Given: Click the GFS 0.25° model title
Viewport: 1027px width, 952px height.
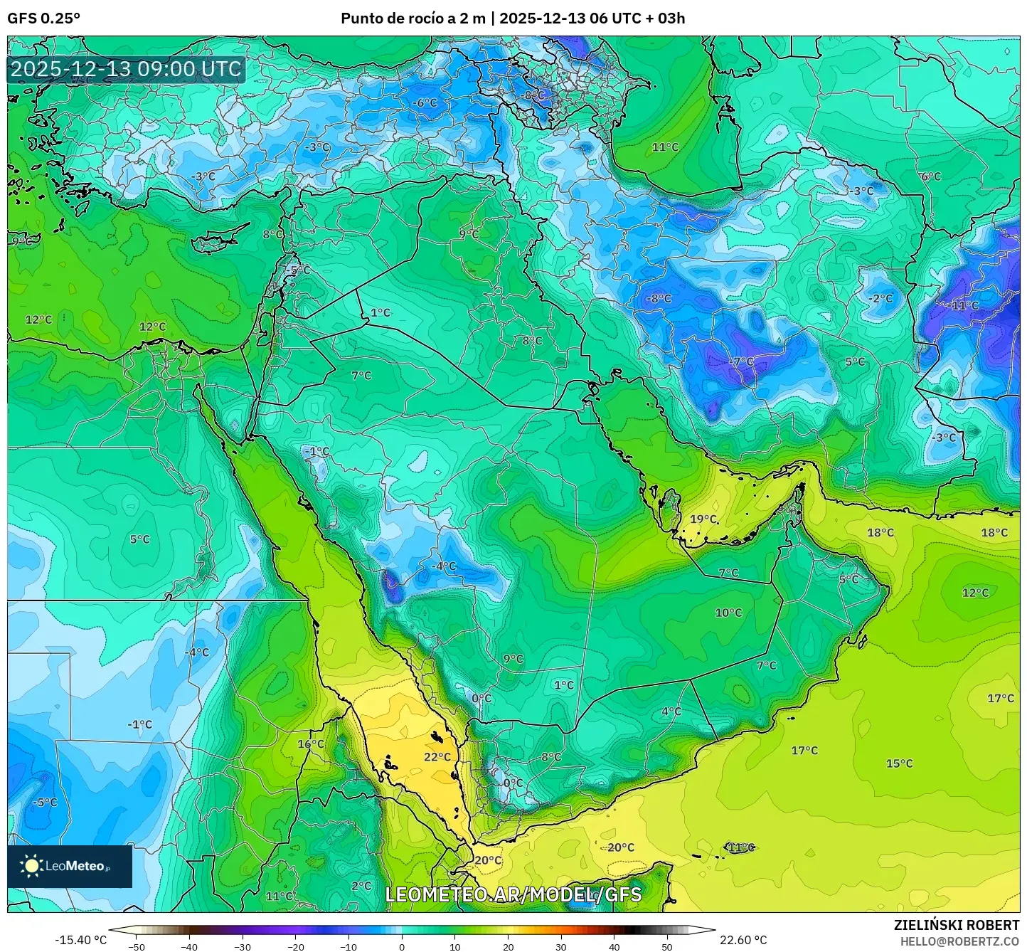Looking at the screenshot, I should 44,18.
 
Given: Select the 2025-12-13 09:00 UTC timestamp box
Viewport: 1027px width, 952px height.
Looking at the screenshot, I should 126,69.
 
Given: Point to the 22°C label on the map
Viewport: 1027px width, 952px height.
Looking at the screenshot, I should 437,757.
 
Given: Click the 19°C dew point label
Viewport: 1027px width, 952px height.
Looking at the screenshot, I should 703,519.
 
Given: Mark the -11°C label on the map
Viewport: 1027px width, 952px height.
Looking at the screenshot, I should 964,305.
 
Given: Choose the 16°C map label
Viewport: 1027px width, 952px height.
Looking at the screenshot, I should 310,744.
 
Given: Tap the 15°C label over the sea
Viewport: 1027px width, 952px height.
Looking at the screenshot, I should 899,763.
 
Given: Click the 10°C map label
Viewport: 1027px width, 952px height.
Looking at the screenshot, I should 728,613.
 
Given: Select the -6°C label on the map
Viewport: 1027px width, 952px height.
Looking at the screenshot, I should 425,103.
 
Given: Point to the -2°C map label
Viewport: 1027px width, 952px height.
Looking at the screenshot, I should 880,298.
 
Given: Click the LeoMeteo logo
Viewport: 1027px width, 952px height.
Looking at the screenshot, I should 69,866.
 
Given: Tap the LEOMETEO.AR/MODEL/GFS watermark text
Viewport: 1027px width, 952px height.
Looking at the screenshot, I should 513,894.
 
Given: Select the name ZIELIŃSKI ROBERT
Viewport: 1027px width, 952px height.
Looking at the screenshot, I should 957,925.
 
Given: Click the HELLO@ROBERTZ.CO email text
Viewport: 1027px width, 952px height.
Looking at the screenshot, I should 959,941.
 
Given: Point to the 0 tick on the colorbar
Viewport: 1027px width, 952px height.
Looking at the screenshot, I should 402,946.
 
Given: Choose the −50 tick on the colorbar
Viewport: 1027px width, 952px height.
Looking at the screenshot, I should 136,946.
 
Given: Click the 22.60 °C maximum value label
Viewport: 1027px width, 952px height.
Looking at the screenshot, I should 743,940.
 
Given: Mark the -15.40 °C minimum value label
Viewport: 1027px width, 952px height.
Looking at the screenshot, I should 80,940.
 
